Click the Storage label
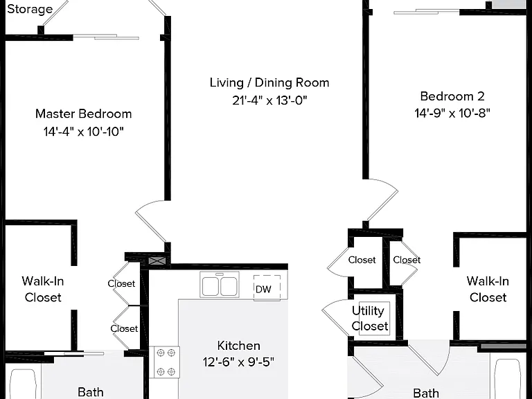(30, 9)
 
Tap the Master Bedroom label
(83, 114)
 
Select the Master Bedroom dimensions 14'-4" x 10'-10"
(83, 132)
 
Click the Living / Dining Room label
(269, 83)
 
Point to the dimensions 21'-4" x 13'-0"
(269, 100)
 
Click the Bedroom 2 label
(452, 96)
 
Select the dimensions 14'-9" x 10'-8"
(452, 113)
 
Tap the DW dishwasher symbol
(267, 288)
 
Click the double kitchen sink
(220, 285)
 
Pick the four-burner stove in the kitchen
(165, 362)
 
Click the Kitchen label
(238, 346)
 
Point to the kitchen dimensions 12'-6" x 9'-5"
(238, 362)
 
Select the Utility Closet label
(369, 318)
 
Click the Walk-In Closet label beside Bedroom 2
(488, 289)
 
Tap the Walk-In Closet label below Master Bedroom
(43, 289)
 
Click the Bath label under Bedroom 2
(426, 393)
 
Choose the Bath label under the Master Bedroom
(91, 392)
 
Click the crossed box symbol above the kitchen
(157, 261)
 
